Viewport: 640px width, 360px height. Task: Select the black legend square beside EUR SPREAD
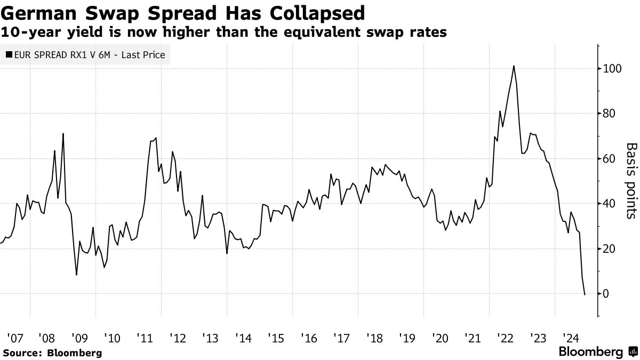[x=10, y=54]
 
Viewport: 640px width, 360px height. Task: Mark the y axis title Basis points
[x=631, y=180]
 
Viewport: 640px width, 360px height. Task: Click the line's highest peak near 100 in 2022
[x=513, y=66]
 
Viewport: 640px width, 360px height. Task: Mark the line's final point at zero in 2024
[x=585, y=294]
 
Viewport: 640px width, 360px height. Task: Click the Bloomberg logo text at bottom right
[x=590, y=352]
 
